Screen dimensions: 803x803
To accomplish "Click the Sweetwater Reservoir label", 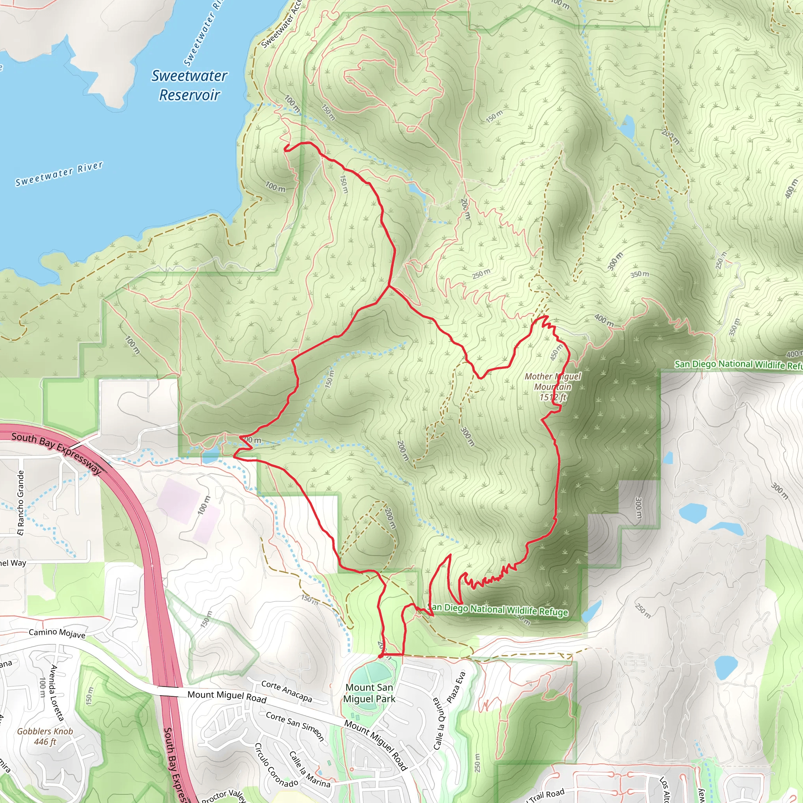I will (x=189, y=85).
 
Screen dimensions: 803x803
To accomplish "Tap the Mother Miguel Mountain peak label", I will (x=552, y=387).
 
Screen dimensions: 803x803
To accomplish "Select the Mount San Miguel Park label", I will (x=369, y=693).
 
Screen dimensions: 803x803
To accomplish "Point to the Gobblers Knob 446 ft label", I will (x=45, y=736).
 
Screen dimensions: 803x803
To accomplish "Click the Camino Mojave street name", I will (x=57, y=633).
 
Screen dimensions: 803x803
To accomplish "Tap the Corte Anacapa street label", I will (x=286, y=691).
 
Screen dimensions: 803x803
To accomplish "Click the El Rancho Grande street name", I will (x=21, y=503).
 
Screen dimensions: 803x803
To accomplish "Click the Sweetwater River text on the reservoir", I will (x=59, y=174).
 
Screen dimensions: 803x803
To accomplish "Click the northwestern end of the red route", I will (x=285, y=147).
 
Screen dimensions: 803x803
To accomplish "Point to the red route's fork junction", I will (x=389, y=286).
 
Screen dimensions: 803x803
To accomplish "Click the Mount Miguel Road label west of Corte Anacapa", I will (x=227, y=696).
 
